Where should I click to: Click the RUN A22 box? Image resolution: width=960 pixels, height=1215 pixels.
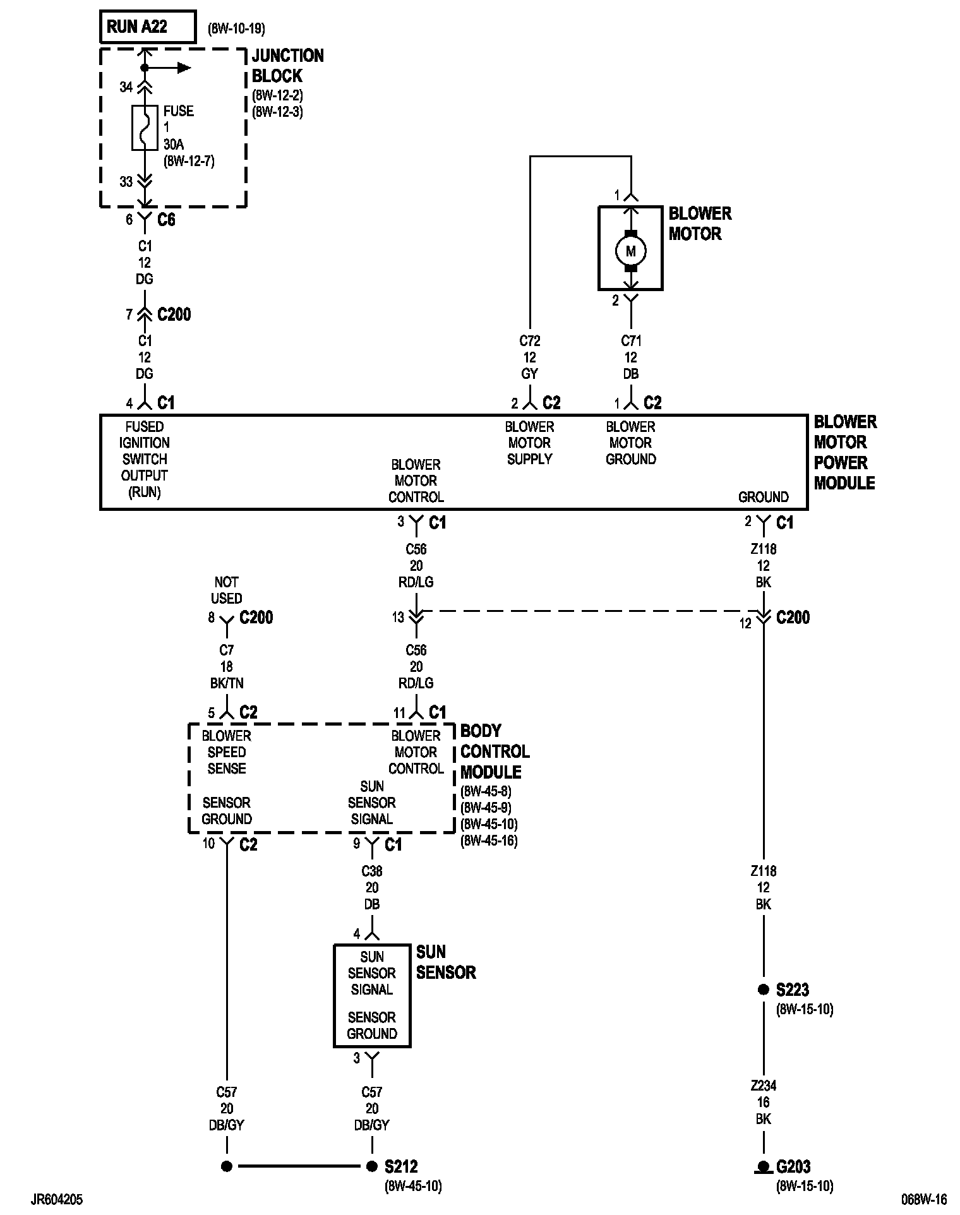147,27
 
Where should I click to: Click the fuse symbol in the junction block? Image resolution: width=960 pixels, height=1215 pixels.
145,128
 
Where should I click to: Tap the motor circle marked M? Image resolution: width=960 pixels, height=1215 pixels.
630,251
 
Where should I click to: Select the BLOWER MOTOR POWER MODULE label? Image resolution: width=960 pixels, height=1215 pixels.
845,452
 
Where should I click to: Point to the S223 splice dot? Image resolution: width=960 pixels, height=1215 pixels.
763,990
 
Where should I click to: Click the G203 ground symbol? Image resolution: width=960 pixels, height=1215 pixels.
763,1167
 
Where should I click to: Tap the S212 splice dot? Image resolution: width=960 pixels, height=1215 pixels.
372,1166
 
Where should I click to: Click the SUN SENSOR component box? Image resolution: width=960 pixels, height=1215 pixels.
372,995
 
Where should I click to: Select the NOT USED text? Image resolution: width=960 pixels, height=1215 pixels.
226,590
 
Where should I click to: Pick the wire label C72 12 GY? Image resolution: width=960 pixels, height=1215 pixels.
530,357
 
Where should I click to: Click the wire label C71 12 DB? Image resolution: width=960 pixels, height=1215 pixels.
631,357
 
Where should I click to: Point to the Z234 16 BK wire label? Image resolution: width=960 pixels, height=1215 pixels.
764,1103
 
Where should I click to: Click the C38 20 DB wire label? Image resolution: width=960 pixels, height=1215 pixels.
372,888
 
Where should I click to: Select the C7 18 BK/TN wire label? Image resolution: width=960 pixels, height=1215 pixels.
227,666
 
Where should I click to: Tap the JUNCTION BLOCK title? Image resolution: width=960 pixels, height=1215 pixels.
287,66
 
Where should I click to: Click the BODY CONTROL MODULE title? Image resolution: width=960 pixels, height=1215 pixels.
495,751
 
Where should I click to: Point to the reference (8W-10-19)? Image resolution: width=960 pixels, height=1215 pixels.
236,28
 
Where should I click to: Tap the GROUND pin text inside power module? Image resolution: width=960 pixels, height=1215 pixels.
764,497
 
